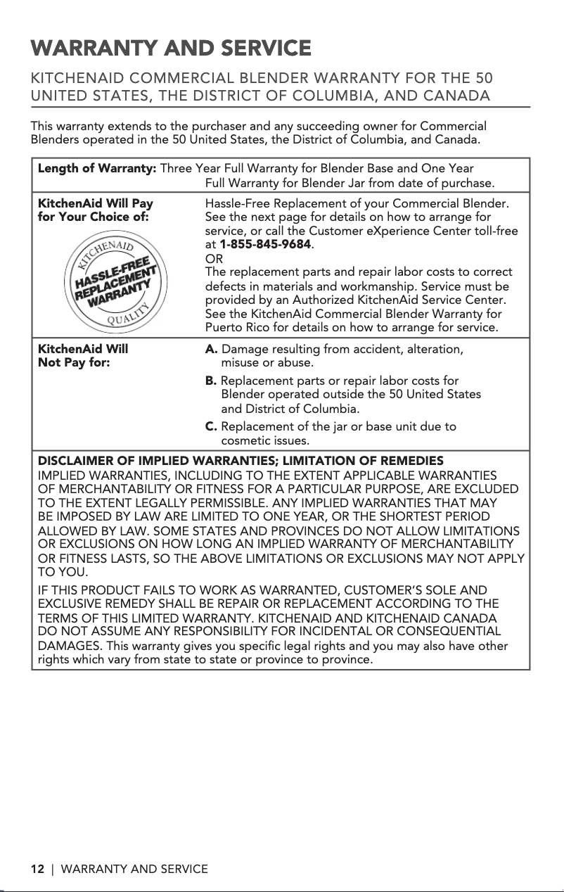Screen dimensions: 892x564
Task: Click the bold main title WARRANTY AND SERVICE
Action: pos(171,49)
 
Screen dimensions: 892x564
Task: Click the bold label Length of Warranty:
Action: pos(97,169)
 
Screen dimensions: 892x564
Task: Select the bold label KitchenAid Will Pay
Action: pos(95,203)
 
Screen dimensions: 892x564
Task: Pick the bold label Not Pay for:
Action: pos(73,363)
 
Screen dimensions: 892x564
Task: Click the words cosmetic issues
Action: pos(265,441)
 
